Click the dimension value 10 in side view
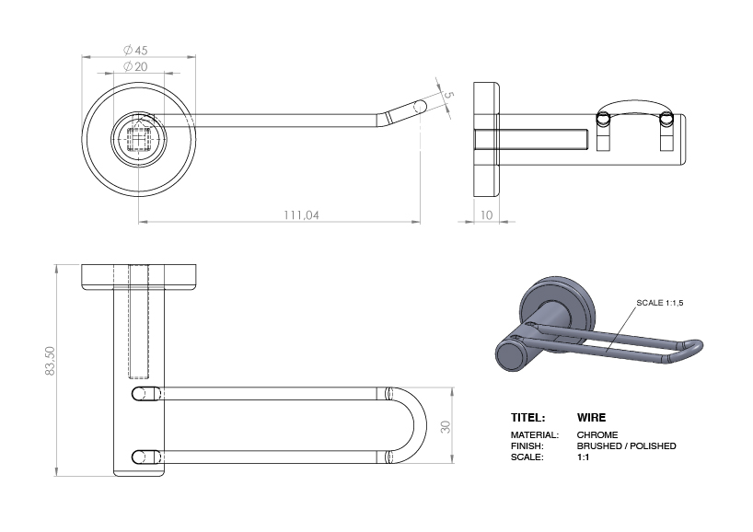[485, 214]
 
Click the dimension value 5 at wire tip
[448, 94]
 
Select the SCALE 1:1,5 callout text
[660, 303]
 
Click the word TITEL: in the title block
[528, 417]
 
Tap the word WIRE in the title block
[591, 417]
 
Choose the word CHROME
[597, 434]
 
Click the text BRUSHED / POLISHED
[626, 445]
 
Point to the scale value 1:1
[583, 457]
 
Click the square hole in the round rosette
[139, 139]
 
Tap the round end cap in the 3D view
[509, 354]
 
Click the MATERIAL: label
[534, 434]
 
